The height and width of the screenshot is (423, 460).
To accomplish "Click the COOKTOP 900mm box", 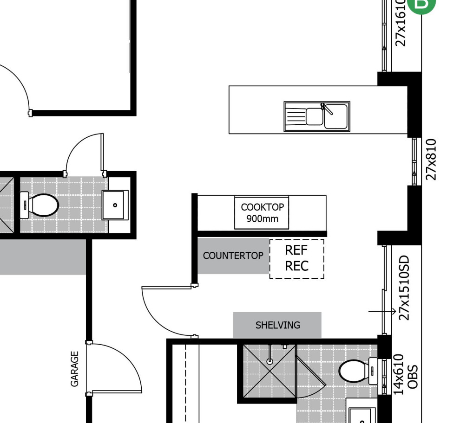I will [262, 212].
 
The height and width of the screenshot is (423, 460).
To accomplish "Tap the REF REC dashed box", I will [296, 258].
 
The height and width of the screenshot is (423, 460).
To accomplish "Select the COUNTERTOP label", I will [233, 256].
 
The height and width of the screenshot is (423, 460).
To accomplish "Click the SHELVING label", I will [277, 325].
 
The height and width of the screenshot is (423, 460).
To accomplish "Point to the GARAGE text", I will [74, 368].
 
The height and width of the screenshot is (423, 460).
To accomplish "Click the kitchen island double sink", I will [317, 116].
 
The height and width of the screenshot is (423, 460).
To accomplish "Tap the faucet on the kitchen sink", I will [327, 109].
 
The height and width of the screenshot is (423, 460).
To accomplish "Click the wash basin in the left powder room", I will [115, 205].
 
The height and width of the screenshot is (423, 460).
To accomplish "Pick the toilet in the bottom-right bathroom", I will [357, 371].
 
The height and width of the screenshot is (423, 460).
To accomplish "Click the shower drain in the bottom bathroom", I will [269, 361].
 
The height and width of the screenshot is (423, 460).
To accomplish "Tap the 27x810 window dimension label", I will [432, 159].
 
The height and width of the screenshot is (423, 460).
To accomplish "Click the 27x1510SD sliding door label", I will [404, 288].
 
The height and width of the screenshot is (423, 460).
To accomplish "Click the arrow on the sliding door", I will [382, 312].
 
